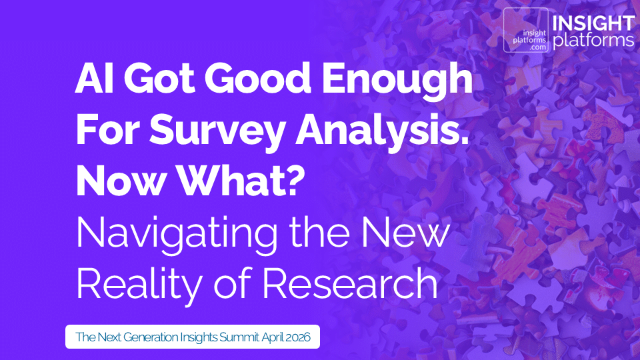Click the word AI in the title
93,83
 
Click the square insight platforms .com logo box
526,30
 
